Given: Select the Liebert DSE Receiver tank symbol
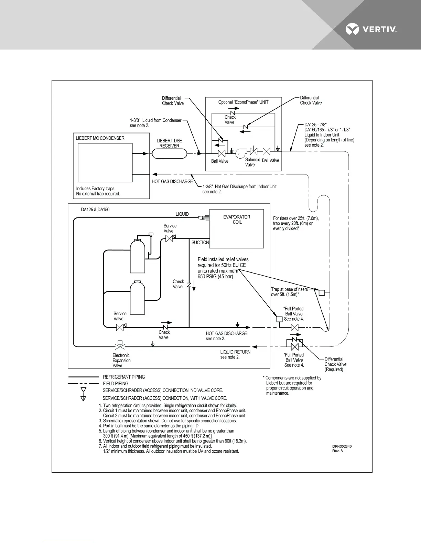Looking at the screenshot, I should pos(169,153).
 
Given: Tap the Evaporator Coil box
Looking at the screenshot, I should pos(237,228).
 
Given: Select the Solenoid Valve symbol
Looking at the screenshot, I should pos(254,151).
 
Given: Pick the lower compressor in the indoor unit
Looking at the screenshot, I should pos(137,298).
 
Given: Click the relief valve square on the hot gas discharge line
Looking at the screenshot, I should pos(279,319).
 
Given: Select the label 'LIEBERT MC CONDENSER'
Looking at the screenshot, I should pos(100,138).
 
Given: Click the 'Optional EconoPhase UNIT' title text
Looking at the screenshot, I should pos(243,102).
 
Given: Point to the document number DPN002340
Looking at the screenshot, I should pos(342,446).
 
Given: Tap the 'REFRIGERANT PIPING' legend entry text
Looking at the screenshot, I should pos(124,377).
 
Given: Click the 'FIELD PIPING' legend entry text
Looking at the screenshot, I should pos(116,384).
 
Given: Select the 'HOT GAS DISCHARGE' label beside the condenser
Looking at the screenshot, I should pos(172,181).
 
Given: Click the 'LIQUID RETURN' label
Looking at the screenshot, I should pos(235,352).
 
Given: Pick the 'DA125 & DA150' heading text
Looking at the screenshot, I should pos(95,210).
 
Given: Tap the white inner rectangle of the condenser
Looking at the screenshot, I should pos(105,163).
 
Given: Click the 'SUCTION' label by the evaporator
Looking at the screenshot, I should pos(200,243).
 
